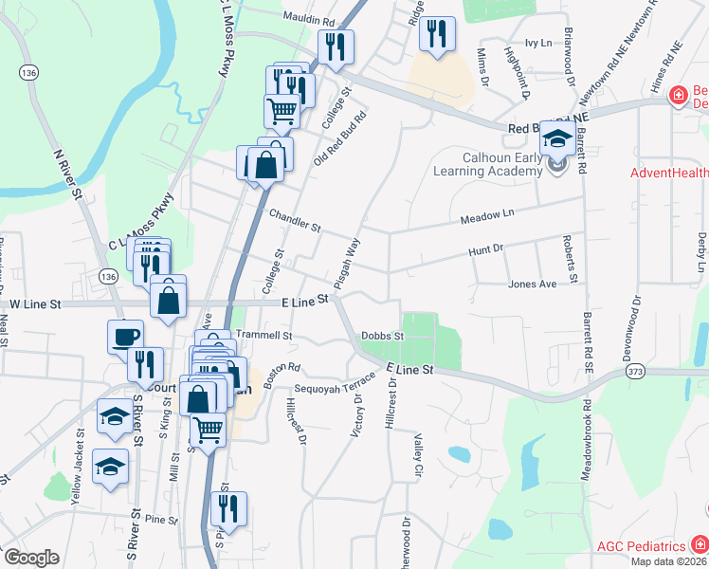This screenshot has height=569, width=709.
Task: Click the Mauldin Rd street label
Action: (309, 19)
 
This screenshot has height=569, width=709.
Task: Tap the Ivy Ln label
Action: (538, 43)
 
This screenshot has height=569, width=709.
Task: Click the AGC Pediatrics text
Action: (642, 546)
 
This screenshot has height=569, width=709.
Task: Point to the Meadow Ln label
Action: (486, 218)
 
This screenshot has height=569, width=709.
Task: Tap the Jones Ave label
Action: (532, 284)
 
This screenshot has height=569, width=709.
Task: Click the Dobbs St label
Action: (383, 336)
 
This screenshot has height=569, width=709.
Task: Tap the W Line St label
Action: (34, 304)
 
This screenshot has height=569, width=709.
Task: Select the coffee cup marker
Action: (126, 338)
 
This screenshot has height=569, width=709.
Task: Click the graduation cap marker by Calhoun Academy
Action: (556, 140)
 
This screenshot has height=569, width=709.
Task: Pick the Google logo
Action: (31, 558)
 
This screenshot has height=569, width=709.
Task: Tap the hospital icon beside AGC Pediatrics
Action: (700, 543)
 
